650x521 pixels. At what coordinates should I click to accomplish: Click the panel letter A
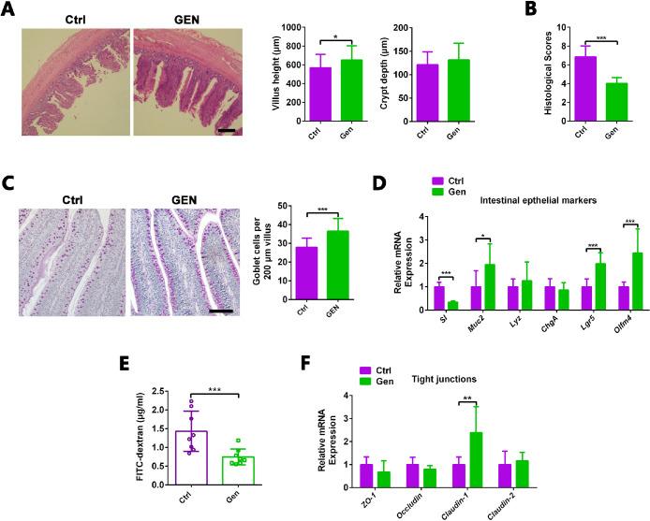[x=8, y=10]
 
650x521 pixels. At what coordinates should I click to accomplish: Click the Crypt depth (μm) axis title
[x=385, y=74]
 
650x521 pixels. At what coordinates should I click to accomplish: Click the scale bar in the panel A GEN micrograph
[x=227, y=131]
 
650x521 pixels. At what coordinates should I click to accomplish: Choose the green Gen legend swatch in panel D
[x=437, y=190]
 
